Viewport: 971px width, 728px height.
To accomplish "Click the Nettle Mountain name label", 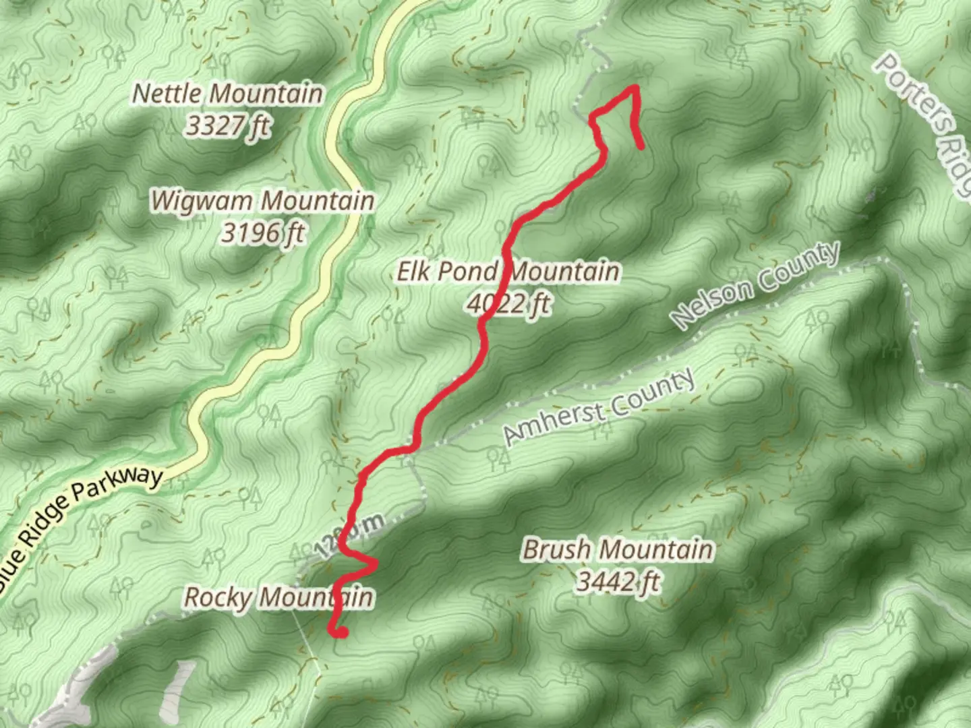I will (227, 93).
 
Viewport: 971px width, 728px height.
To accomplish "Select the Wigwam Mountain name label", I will (262, 200).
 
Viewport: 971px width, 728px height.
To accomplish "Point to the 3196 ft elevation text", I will (262, 233).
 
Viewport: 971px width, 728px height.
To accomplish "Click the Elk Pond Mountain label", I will (507, 272).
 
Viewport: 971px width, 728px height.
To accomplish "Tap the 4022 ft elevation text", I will (507, 304).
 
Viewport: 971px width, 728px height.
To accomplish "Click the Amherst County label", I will (599, 407).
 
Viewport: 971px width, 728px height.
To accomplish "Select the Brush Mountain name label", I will (617, 549).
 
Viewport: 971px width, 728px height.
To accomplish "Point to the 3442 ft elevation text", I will (617, 581).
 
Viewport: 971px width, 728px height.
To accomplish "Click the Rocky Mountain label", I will (278, 597).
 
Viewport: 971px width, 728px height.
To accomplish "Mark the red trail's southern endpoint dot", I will (341, 632).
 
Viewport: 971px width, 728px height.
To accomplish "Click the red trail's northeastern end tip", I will (641, 146).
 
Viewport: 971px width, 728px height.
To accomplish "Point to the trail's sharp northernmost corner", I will (635, 87).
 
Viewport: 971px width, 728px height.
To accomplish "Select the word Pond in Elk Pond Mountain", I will (469, 272).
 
